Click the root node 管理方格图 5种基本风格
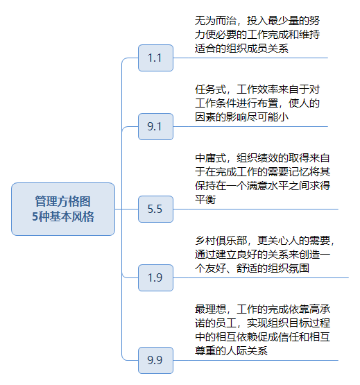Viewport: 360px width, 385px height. [63, 209]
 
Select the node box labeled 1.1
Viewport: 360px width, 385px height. [155, 58]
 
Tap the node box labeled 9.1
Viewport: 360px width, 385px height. [155, 127]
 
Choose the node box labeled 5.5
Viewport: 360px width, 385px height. [155, 209]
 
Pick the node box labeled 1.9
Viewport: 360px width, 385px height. [155, 277]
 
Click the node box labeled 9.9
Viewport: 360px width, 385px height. [155, 360]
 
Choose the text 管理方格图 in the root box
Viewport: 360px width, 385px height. [63, 201]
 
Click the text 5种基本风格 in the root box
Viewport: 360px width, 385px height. [63, 216]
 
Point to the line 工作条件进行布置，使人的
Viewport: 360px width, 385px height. [257, 103]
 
